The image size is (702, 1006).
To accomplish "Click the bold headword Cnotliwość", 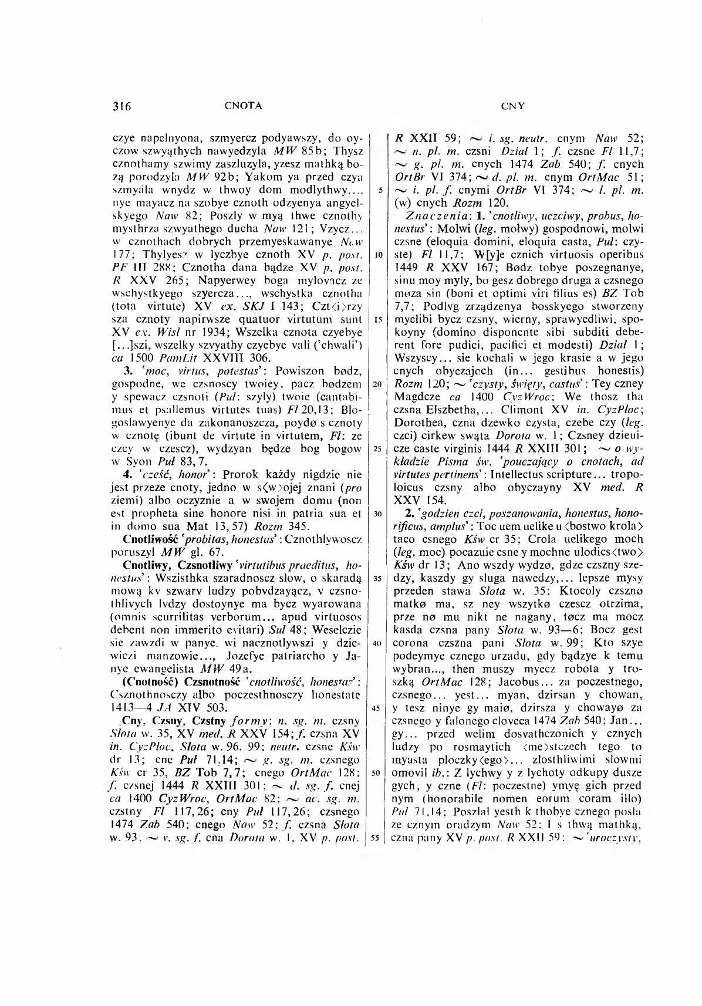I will (x=150, y=538).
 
